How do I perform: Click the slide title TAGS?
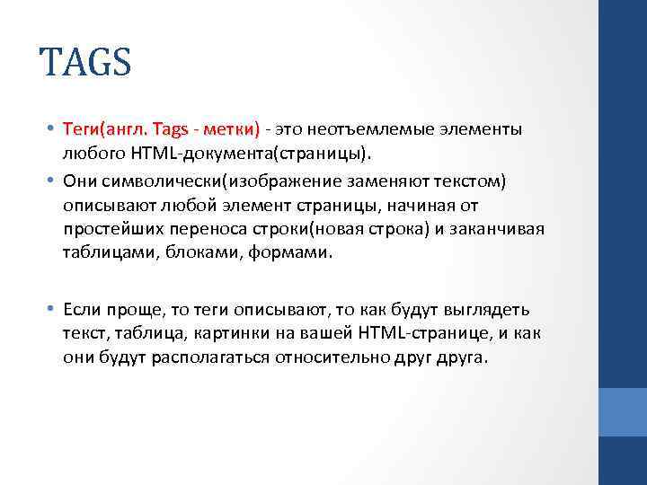85,64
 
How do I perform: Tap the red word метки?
232,130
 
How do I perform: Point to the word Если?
82,310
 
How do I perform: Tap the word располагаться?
206,357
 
